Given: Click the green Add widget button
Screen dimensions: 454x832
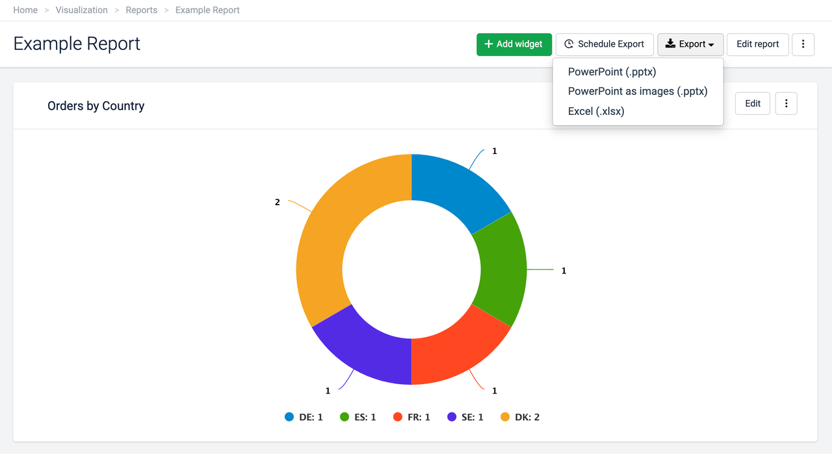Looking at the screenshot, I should point(513,44).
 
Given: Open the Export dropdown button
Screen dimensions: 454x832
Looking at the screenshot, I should point(690,44).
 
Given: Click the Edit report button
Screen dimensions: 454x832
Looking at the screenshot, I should point(757,44).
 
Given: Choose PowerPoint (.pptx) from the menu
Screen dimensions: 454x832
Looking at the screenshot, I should point(612,72).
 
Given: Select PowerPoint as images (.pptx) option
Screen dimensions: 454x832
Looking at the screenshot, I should point(637,92).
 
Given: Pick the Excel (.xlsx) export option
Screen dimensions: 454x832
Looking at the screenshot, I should point(595,111).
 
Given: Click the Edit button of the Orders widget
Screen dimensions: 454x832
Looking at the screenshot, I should point(752,103).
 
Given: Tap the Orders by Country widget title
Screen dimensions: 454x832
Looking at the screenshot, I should point(96,106).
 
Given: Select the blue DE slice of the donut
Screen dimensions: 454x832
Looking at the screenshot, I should point(455,188).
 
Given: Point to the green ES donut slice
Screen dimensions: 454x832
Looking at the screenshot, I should point(500,270).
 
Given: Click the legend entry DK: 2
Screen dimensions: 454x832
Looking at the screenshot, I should point(520,417).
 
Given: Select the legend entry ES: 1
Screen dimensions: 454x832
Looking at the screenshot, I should point(358,417).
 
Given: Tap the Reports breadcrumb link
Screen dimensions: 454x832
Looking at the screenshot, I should point(141,10).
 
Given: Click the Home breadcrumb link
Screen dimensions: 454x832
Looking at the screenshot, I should point(25,10).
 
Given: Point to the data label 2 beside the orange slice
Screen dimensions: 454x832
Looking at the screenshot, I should point(278,203).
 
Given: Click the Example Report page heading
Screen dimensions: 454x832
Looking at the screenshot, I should point(77,44).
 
